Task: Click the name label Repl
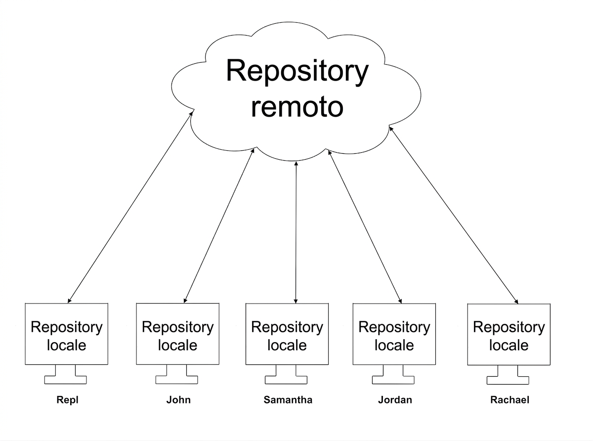click(67, 400)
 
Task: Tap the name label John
click(178, 400)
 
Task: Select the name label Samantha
click(288, 400)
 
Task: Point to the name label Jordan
click(395, 400)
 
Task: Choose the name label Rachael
click(509, 400)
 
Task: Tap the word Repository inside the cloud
click(297, 71)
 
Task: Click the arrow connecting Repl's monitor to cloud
click(130, 207)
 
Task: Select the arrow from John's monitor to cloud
click(219, 226)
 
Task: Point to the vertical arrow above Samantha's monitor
click(296, 232)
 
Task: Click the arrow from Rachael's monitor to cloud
click(454, 216)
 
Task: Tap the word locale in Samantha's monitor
click(287, 345)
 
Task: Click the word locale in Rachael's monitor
click(509, 345)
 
